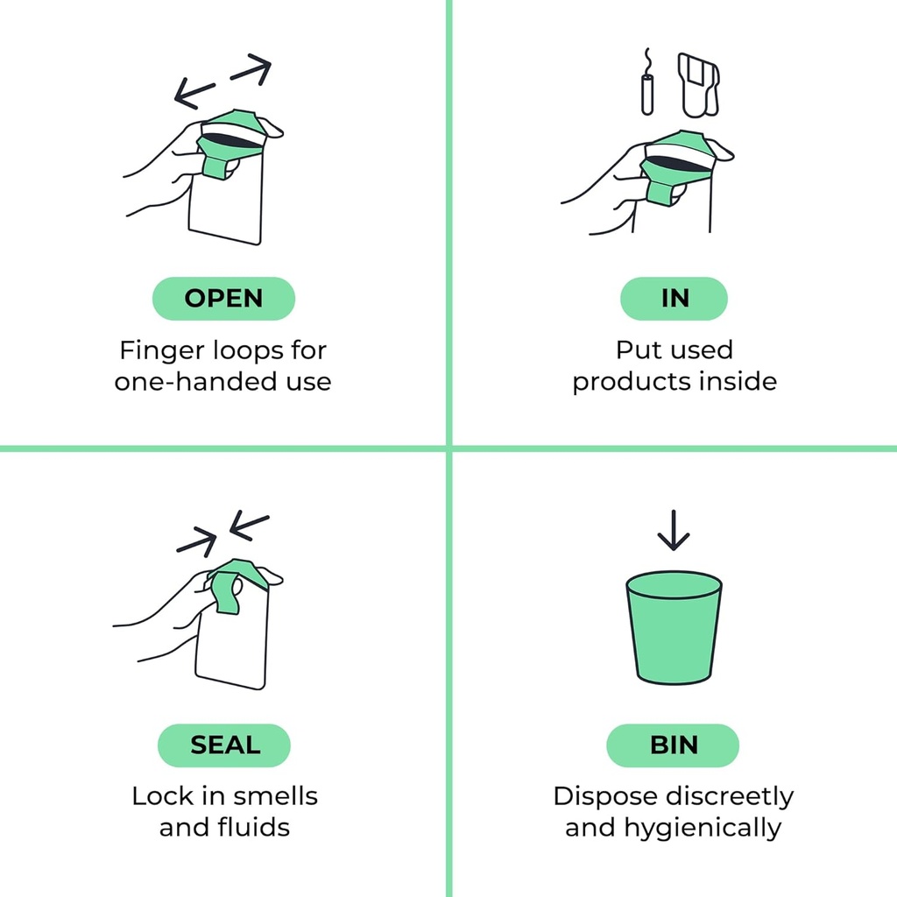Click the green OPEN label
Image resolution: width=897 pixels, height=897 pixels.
[x=223, y=299]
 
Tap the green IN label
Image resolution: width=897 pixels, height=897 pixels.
[x=674, y=299]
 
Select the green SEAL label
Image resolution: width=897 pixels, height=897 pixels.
[x=224, y=745]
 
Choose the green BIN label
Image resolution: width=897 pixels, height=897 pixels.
[x=673, y=745]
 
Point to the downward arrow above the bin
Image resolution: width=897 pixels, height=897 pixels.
[x=674, y=530]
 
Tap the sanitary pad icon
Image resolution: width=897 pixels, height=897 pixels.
[x=698, y=85]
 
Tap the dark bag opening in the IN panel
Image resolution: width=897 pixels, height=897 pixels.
[x=679, y=164]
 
